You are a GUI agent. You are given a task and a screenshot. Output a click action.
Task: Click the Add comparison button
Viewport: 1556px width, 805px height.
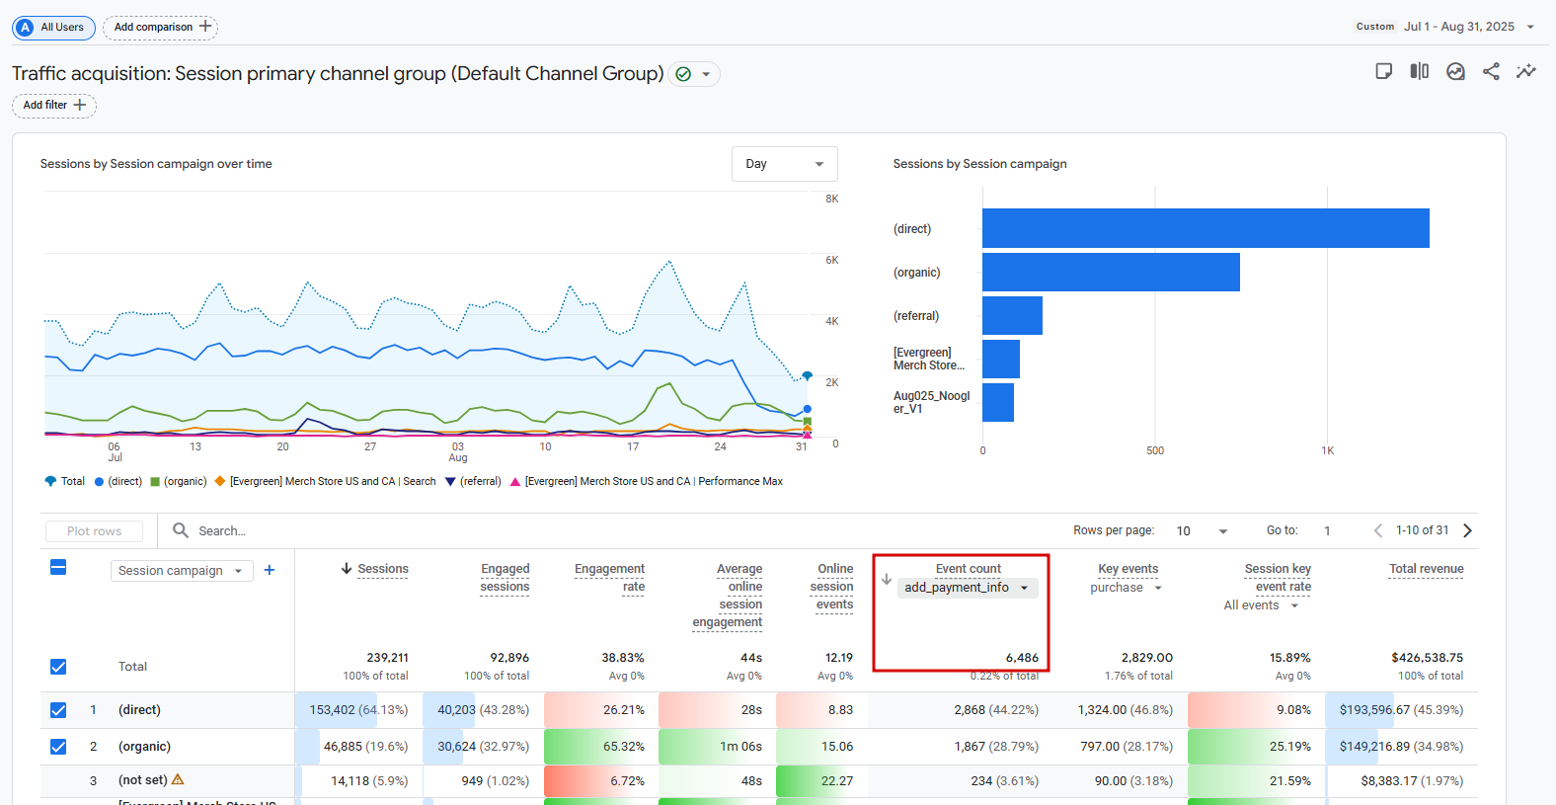pos(161,28)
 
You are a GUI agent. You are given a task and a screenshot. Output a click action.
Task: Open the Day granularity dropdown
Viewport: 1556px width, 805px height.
pos(784,164)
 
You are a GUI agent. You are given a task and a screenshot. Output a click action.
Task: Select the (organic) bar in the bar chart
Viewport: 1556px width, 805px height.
pos(1111,272)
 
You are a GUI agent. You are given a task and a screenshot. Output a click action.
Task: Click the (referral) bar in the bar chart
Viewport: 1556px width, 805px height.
pos(1012,316)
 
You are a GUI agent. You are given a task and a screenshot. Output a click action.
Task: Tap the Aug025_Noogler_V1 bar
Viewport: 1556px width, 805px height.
pos(998,402)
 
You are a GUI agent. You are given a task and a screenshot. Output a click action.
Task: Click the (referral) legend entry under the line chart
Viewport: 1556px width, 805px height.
pos(474,482)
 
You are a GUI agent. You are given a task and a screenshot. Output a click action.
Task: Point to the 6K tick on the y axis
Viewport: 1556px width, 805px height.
pos(832,261)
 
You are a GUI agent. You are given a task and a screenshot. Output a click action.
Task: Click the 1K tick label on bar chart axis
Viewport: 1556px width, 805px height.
pos(1327,451)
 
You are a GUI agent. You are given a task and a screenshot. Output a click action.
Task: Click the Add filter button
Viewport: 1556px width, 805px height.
pos(54,106)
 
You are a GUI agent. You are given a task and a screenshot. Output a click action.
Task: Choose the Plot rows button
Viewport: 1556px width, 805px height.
pos(94,531)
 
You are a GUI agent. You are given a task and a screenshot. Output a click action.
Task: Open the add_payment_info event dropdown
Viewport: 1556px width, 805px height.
pos(968,588)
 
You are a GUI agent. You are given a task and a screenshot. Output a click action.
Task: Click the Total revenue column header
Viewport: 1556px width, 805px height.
pos(1426,569)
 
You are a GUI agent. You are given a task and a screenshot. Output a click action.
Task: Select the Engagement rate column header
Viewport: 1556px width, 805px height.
pos(609,577)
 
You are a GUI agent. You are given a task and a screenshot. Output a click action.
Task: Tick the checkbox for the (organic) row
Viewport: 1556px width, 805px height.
pos(58,747)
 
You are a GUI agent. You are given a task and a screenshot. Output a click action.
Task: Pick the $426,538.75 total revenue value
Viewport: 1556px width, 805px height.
pos(1427,658)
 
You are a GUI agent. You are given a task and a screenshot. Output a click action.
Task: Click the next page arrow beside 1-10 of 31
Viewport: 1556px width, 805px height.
pos(1467,530)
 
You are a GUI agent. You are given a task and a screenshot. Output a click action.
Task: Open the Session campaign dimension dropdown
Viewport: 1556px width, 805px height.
pos(181,571)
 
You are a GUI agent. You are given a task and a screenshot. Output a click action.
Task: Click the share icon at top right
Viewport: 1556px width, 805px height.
pos(1491,71)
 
